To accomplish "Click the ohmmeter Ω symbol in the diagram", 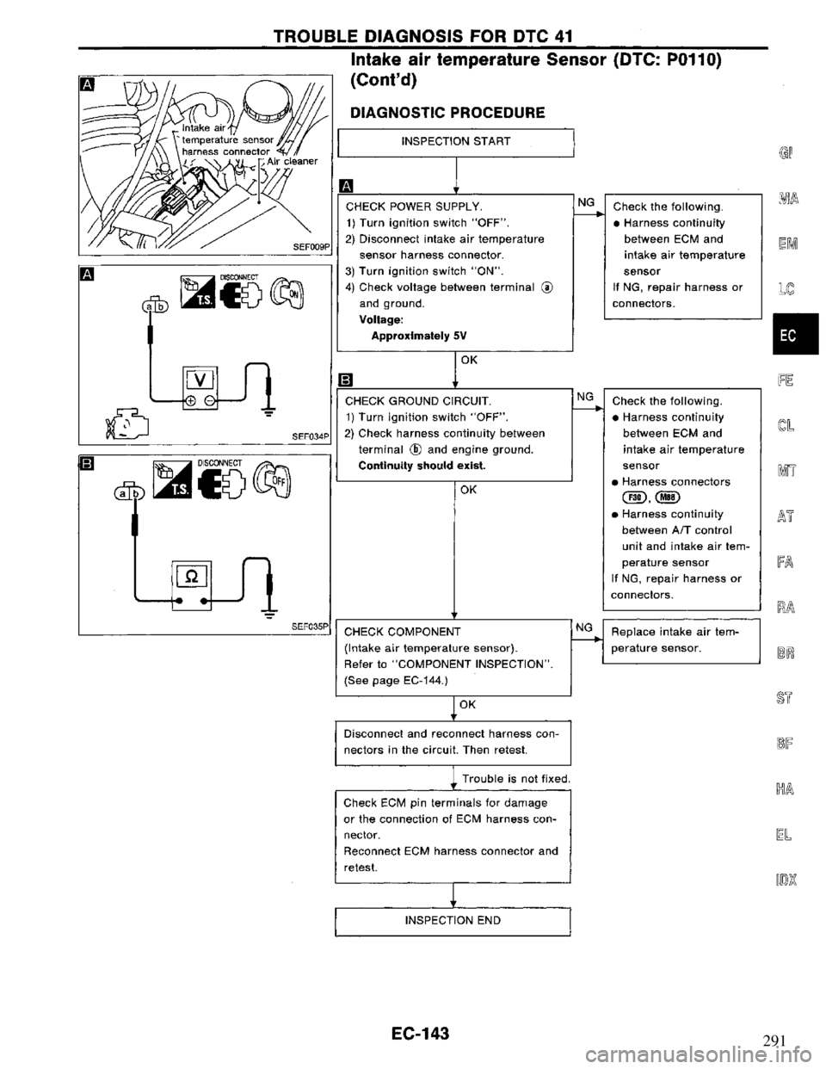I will pos(189,572).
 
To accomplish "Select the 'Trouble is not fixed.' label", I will pos(517,780).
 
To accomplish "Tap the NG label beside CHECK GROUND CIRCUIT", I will pos(585,395).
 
